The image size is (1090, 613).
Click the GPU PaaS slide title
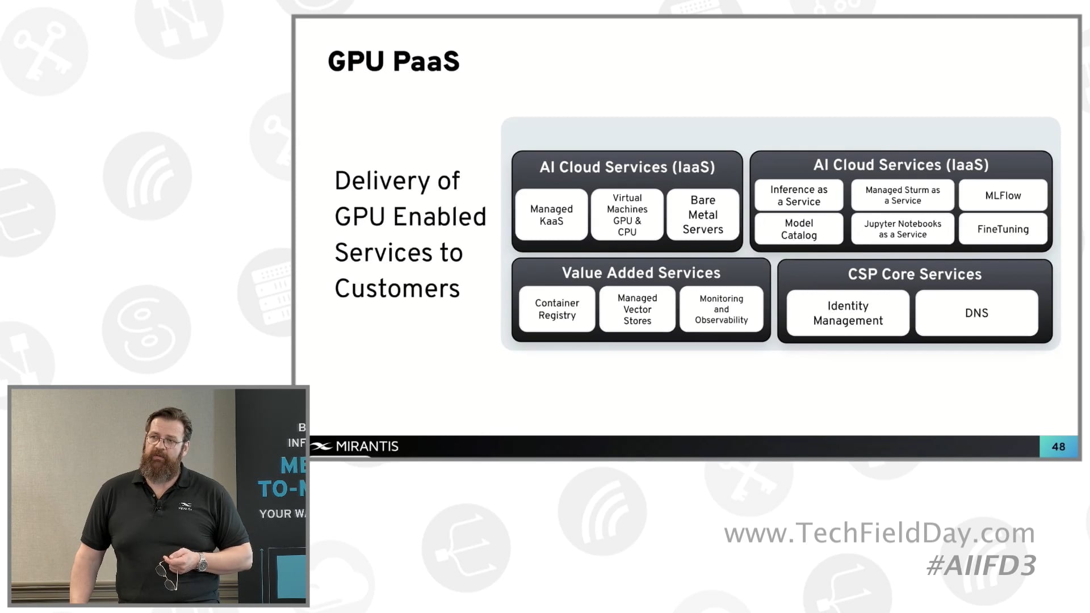tap(393, 61)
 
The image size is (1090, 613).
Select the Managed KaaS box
tap(551, 215)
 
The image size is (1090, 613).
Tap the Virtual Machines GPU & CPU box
tap(627, 215)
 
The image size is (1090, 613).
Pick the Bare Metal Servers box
tap(703, 215)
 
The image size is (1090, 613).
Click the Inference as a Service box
tap(799, 195)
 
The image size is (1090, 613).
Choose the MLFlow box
tap(1003, 195)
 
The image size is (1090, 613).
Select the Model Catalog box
tap(799, 229)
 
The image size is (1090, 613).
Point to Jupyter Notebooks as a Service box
tap(903, 229)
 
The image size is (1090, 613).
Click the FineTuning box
tap(1003, 229)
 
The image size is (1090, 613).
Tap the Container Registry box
tap(557, 309)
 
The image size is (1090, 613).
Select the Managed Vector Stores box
tap(637, 309)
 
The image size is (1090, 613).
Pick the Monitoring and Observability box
tap(721, 309)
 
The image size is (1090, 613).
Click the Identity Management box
tap(848, 313)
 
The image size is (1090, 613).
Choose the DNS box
tap(976, 313)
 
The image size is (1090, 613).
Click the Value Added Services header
tap(641, 273)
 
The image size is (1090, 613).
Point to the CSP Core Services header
tap(915, 274)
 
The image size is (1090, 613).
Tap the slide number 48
tap(1058, 447)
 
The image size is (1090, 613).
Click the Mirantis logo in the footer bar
tap(355, 447)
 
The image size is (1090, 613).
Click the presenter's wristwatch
tap(202, 562)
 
